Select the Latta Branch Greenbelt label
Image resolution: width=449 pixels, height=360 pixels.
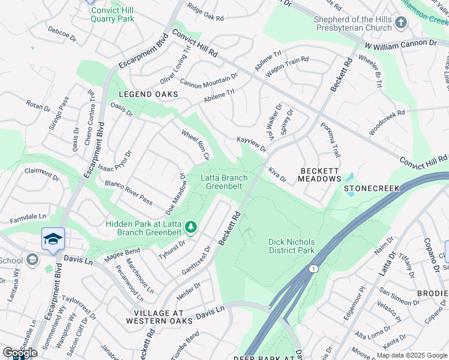[x=224, y=182]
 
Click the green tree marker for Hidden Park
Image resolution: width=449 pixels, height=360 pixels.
[x=191, y=227]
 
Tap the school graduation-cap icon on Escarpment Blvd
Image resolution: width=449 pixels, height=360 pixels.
[x=53, y=238]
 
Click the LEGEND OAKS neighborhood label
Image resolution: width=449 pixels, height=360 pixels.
[x=148, y=94]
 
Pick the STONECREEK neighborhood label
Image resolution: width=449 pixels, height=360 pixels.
[x=372, y=188]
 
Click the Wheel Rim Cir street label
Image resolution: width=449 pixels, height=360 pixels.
[x=195, y=144]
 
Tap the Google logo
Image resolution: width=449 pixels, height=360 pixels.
[x=20, y=353]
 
